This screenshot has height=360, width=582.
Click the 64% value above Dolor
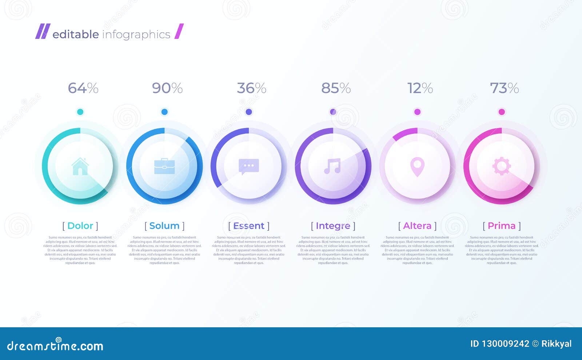83,88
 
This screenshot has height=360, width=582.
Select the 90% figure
167,88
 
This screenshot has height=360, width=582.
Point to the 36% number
251,88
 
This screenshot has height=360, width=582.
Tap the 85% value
336,88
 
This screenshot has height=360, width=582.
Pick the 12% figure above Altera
420,88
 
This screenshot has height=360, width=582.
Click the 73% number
504,88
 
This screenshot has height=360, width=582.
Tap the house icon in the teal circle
80,166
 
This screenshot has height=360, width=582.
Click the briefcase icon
164,166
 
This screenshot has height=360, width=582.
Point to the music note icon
332,166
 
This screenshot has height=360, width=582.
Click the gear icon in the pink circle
502,166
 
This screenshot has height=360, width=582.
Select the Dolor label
80,226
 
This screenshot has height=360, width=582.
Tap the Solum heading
164,226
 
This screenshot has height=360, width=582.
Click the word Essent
249,226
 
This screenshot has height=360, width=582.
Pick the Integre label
333,226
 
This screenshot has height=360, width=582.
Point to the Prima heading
502,226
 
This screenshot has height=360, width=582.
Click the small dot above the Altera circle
417,112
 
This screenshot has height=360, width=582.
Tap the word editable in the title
76,35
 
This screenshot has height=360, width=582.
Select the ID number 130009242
505,344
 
